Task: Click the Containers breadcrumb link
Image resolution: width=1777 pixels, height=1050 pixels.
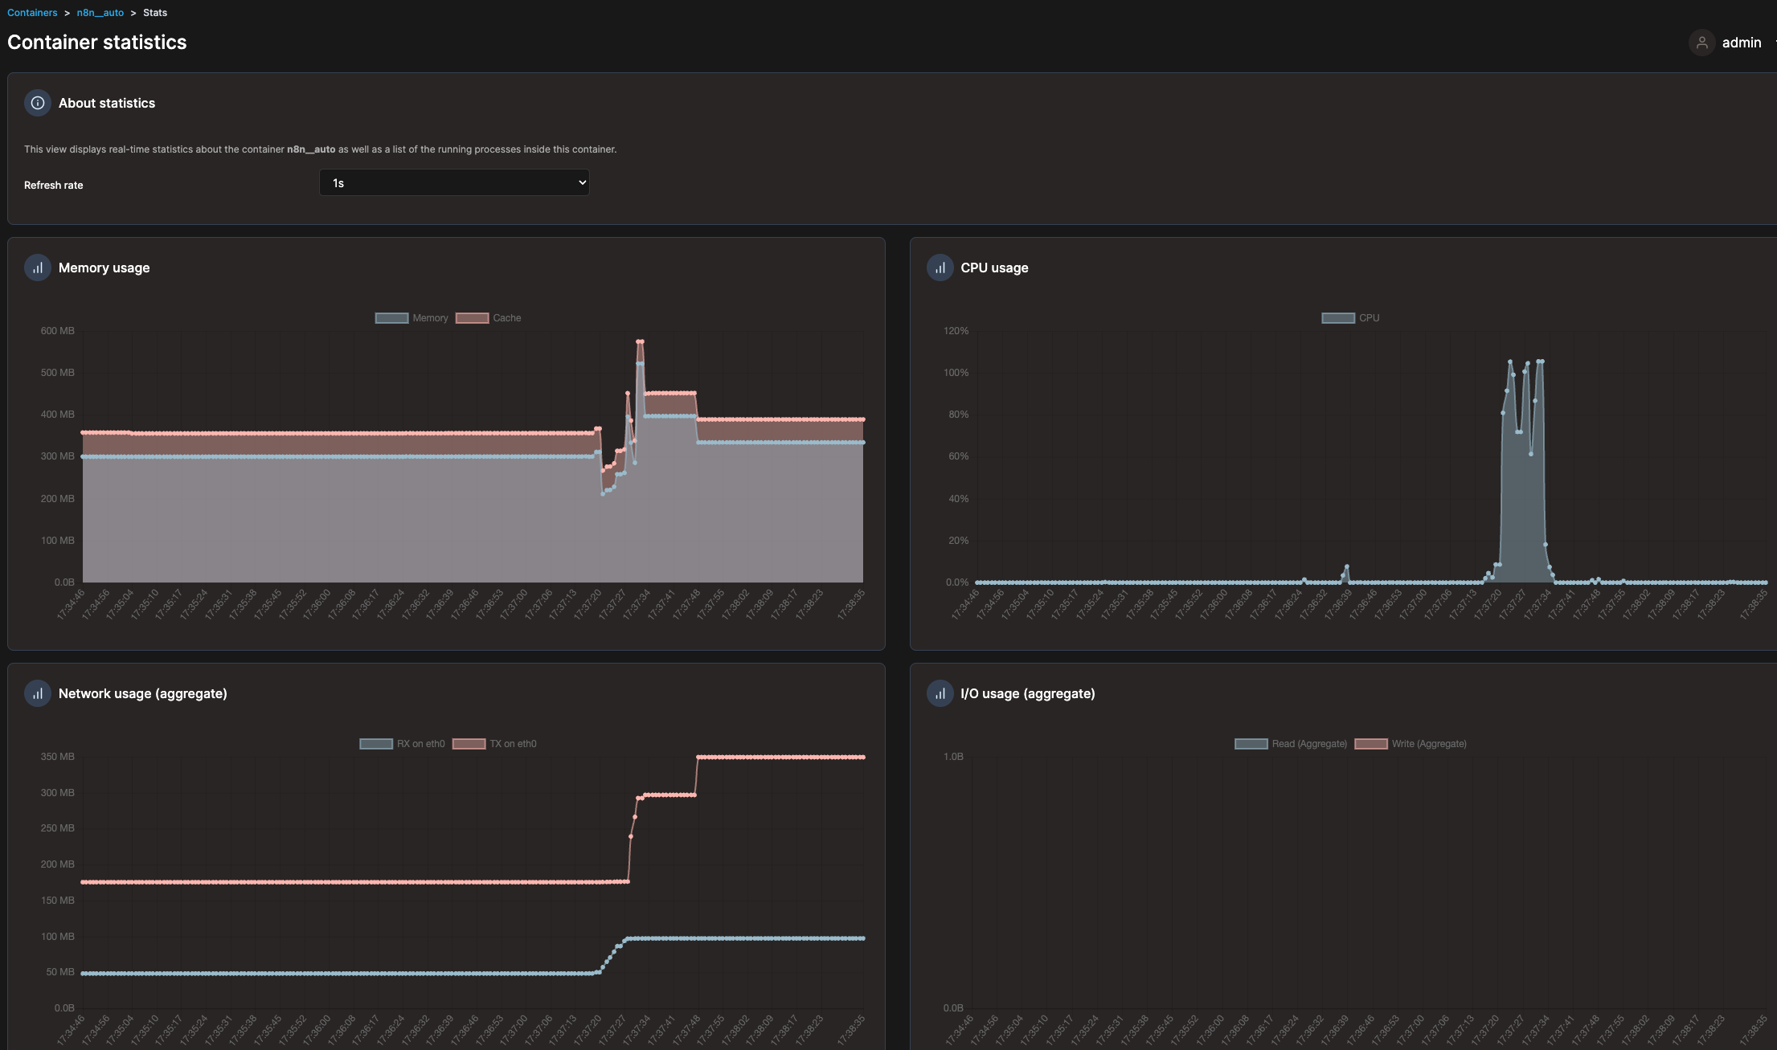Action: point(32,13)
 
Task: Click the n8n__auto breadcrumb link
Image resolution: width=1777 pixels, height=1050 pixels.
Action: point(100,13)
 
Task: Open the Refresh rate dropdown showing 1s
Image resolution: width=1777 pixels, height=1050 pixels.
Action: point(454,183)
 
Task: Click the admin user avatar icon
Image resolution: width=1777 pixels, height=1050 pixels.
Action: point(1701,43)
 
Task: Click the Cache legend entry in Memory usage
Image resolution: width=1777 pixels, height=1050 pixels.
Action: point(489,318)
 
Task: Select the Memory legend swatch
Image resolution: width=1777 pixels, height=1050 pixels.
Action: point(391,318)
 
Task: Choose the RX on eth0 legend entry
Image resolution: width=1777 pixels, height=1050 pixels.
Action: point(402,744)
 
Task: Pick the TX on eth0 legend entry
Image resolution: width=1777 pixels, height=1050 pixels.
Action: point(494,744)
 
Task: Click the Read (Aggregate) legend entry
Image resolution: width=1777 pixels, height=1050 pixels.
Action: point(1291,744)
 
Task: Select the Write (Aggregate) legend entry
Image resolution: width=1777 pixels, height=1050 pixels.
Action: point(1411,744)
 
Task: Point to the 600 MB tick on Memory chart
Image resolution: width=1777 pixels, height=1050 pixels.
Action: point(58,331)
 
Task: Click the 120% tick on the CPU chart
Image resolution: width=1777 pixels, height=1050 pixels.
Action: point(956,331)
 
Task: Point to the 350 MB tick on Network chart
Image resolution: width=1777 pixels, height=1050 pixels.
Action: point(58,757)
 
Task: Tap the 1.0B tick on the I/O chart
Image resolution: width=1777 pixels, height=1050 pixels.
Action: point(953,757)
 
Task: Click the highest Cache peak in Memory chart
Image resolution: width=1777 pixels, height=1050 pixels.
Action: point(640,341)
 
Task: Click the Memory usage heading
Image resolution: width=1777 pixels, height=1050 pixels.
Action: point(104,268)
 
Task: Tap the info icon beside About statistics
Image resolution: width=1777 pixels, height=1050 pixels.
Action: point(38,103)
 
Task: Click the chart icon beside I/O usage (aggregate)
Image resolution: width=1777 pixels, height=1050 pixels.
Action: point(940,693)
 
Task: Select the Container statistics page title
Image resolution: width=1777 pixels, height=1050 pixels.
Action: point(96,43)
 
